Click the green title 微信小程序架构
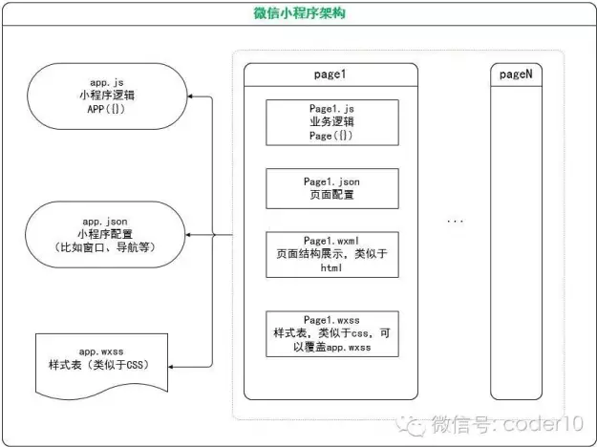pyautogui.click(x=299, y=13)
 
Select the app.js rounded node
pyautogui.click(x=107, y=96)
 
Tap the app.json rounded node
pyautogui.click(x=105, y=235)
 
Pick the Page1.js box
pyautogui.click(x=332, y=122)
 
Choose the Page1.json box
pyautogui.click(x=332, y=188)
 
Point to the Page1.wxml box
pyautogui.click(x=332, y=254)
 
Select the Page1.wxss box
pyautogui.click(x=332, y=334)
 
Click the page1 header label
pyautogui.click(x=330, y=74)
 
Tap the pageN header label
pyautogui.click(x=516, y=74)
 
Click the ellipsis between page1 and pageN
pyautogui.click(x=455, y=221)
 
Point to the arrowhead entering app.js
pyautogui.click(x=190, y=96)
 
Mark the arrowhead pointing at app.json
pyautogui.click(x=188, y=235)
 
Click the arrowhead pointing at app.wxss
pyautogui.click(x=171, y=367)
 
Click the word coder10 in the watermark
pyautogui.click(x=544, y=423)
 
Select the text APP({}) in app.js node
pyautogui.click(x=106, y=109)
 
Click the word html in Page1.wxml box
pyautogui.click(x=331, y=267)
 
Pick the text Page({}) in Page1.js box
pyautogui.click(x=331, y=136)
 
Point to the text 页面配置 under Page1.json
pyautogui.click(x=331, y=195)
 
